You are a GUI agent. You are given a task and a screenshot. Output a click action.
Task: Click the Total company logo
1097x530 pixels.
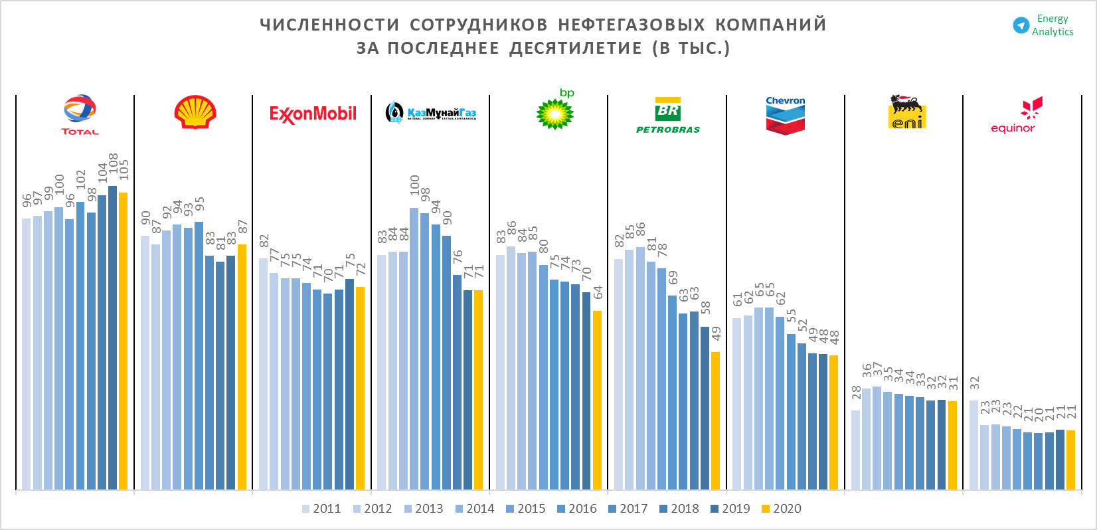tap(80, 114)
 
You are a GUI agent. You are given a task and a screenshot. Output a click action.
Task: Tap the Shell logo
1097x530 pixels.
tap(195, 112)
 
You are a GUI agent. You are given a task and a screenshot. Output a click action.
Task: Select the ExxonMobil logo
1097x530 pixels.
tap(313, 114)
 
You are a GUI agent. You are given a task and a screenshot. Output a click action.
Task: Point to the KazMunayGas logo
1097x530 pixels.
tap(431, 112)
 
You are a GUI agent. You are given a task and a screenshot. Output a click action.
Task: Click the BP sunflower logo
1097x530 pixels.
tap(555, 113)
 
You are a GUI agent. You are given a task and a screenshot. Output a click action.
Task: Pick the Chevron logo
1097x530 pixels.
tap(785, 116)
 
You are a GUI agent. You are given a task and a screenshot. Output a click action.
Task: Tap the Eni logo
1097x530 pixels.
tap(906, 112)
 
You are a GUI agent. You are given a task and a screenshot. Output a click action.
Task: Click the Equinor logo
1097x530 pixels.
tap(1013, 116)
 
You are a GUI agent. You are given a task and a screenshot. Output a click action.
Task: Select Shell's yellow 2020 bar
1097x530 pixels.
tap(242, 367)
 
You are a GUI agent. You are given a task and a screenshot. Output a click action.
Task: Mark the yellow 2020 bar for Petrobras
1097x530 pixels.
tap(715, 420)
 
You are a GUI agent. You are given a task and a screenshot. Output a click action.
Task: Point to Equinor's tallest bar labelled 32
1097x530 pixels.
tap(973, 444)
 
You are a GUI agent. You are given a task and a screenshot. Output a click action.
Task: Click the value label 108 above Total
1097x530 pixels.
tap(114, 163)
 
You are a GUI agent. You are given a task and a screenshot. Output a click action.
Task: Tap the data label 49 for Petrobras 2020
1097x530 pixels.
tap(716, 333)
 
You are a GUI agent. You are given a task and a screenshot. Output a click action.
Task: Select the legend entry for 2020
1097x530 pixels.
tap(782, 509)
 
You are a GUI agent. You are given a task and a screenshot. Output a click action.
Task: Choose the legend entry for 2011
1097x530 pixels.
tap(321, 509)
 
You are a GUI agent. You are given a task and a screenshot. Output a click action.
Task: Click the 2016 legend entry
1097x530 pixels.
tap(577, 509)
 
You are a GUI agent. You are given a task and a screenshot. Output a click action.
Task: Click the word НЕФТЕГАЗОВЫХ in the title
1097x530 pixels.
tap(631, 25)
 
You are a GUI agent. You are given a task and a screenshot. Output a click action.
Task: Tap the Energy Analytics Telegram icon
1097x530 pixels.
tap(1021, 25)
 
